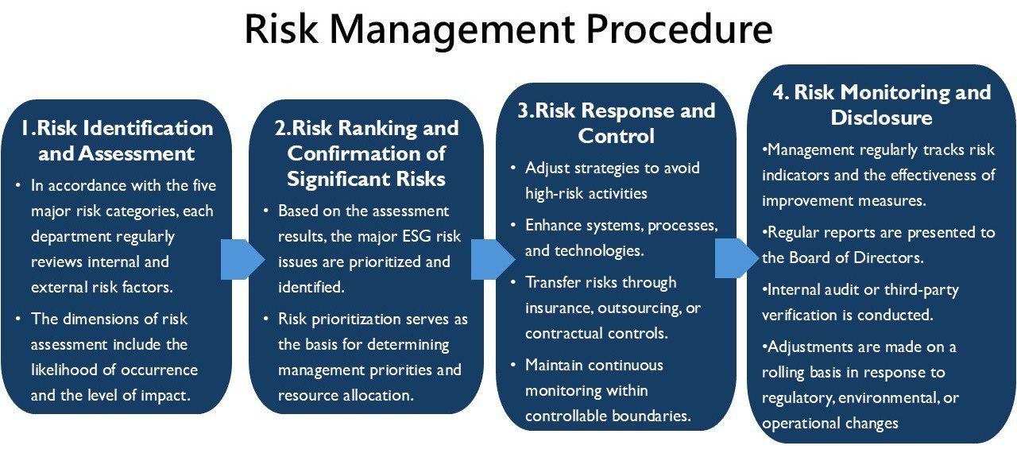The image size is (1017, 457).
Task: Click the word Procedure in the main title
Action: [x=679, y=29]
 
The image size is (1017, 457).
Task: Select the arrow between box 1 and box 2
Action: [x=242, y=259]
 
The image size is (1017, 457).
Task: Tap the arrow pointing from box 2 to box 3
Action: [x=493, y=259]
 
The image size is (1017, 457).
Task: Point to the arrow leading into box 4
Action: [x=737, y=258]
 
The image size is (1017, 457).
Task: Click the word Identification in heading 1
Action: [x=148, y=128]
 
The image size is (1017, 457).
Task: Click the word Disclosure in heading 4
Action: [x=881, y=118]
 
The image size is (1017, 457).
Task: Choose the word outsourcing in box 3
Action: [x=640, y=309]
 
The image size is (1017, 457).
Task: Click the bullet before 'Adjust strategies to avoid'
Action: [x=513, y=168]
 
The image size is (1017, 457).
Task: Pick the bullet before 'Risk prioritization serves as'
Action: [x=266, y=320]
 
